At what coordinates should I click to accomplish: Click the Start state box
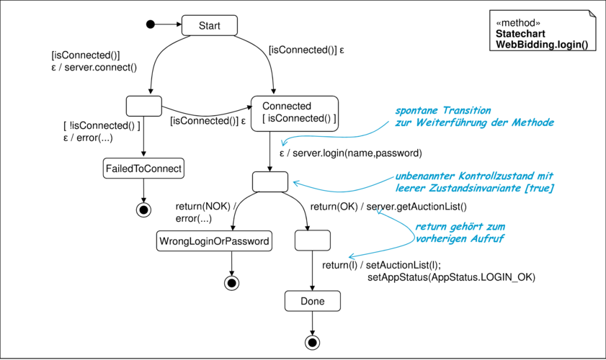point(210,25)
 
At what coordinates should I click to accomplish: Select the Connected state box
point(295,114)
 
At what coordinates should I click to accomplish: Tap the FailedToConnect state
point(143,168)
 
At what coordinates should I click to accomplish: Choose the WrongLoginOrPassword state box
point(214,241)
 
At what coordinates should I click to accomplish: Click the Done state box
point(313,301)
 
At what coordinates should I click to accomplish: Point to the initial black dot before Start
point(151,24)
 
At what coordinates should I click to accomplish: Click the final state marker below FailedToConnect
point(143,210)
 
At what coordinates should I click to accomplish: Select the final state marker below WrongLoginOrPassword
point(231,283)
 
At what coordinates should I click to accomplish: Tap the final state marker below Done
point(312,342)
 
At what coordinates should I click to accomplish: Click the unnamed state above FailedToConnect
point(144,106)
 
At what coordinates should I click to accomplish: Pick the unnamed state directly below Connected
point(270,181)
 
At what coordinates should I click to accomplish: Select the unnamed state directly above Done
point(313,240)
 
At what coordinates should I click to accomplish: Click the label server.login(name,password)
point(357,153)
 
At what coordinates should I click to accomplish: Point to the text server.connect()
point(100,68)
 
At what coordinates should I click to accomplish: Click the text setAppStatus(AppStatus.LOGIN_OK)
point(451,277)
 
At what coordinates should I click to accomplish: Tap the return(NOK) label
point(203,206)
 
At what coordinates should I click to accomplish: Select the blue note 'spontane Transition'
point(443,110)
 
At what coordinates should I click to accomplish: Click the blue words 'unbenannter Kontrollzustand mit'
point(474,176)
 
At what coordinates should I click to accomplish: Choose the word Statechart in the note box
point(520,34)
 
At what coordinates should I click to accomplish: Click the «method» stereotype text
point(518,23)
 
